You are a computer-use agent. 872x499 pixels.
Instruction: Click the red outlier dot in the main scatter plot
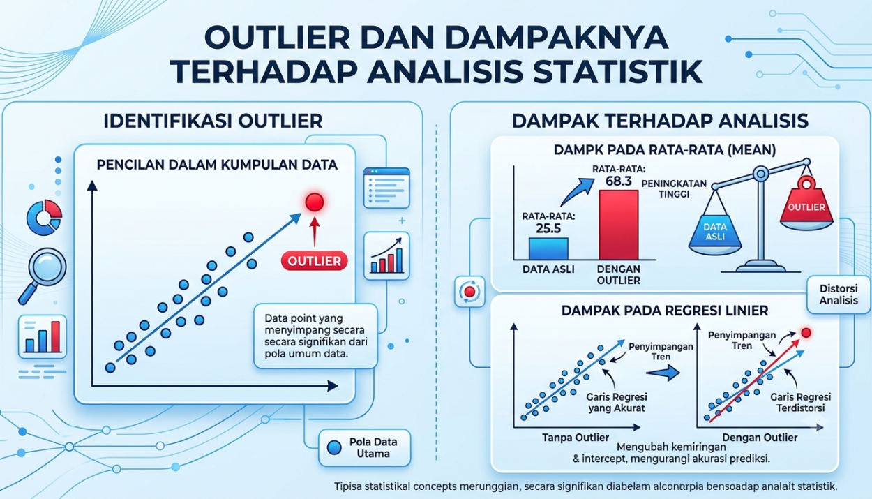click(x=315, y=202)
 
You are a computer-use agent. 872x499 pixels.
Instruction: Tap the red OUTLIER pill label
click(x=315, y=260)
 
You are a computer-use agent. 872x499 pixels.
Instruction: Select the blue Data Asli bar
click(x=548, y=248)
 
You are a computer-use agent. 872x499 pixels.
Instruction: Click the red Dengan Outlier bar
click(x=618, y=225)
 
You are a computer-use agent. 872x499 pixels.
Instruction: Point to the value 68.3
click(x=619, y=181)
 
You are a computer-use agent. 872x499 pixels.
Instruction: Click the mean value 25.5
click(x=548, y=228)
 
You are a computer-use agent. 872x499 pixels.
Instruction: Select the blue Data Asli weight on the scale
click(x=715, y=233)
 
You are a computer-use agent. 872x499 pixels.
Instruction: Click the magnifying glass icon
click(x=42, y=276)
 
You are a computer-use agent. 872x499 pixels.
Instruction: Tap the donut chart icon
click(x=44, y=217)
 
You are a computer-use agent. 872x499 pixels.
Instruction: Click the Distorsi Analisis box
click(x=839, y=295)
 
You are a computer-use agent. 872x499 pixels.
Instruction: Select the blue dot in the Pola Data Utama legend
click(x=334, y=447)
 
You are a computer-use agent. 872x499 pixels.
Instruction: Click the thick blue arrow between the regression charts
click(x=663, y=373)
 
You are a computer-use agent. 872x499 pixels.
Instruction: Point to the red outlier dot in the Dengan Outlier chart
click(x=806, y=333)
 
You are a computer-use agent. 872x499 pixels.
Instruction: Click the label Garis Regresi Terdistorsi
click(x=800, y=403)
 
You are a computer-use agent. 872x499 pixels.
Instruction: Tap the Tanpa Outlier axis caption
click(x=576, y=438)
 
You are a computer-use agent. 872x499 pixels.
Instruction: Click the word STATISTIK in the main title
click(x=618, y=72)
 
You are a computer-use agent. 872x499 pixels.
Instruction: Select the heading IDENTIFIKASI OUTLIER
click(x=213, y=121)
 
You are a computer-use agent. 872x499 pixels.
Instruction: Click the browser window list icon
click(x=386, y=188)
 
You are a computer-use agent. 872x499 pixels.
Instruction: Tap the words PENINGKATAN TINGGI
click(x=674, y=188)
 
